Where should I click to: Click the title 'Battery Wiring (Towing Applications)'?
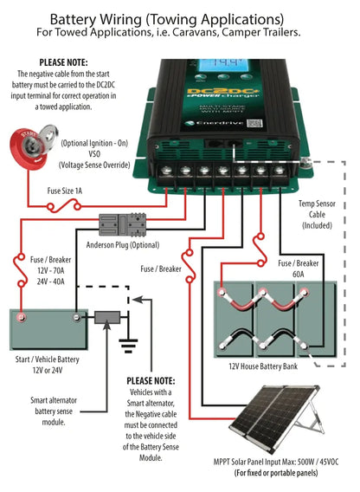click(x=180, y=18)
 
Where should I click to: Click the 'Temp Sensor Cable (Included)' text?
click(x=321, y=213)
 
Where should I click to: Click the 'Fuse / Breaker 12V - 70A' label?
click(x=43, y=275)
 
